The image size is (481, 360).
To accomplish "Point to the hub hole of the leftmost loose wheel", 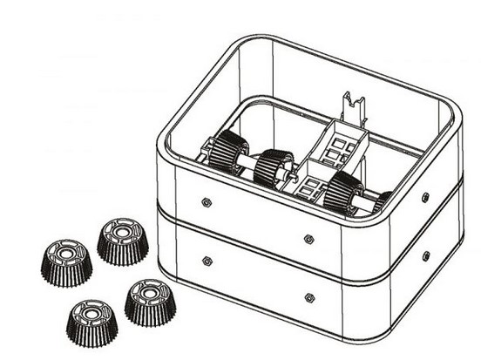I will tap(66, 255).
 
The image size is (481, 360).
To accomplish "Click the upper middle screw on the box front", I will tap(308, 237).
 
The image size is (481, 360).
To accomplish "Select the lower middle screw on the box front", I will tap(308, 296).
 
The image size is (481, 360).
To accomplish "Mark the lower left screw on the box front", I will tap(207, 260).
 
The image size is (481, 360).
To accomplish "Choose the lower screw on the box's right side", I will tap(425, 255).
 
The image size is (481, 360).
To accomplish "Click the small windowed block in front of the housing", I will tap(310, 187).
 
